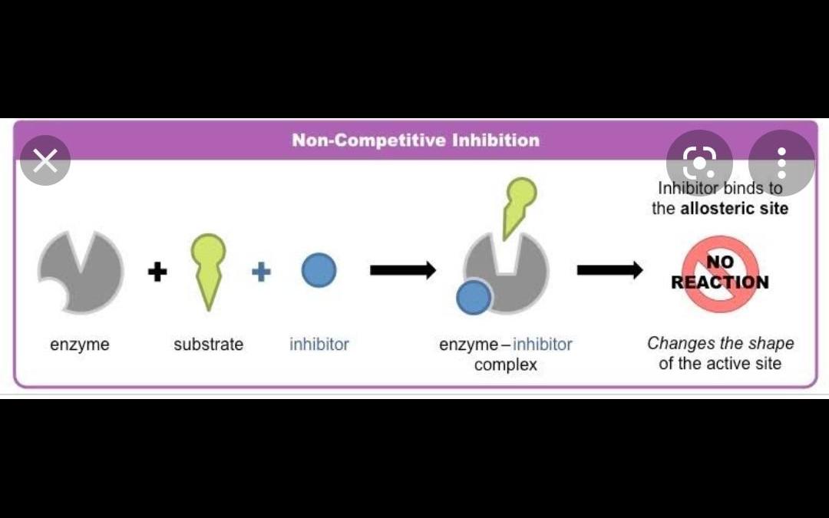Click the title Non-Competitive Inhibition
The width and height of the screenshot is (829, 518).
tap(415, 140)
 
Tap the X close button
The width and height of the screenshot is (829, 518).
tap(45, 161)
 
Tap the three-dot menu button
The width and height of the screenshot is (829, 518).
tap(781, 163)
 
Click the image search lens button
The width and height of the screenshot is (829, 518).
tap(699, 163)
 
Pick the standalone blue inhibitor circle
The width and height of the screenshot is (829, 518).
tap(319, 270)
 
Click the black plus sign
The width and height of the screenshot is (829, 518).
tap(157, 271)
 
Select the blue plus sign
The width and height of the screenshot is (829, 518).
tap(261, 271)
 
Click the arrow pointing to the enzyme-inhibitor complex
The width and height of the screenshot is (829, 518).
tap(402, 270)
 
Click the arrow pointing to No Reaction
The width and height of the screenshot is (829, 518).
tap(609, 270)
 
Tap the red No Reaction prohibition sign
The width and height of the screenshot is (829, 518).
tap(720, 273)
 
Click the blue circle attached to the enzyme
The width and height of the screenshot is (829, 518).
tap(474, 298)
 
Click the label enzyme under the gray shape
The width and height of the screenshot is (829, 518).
tap(80, 345)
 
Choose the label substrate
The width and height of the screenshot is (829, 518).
tap(208, 345)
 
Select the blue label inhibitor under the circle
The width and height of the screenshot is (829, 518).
tap(319, 345)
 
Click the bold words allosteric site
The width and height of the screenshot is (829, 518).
tap(734, 209)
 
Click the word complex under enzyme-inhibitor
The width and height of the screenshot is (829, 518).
tap(505, 365)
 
